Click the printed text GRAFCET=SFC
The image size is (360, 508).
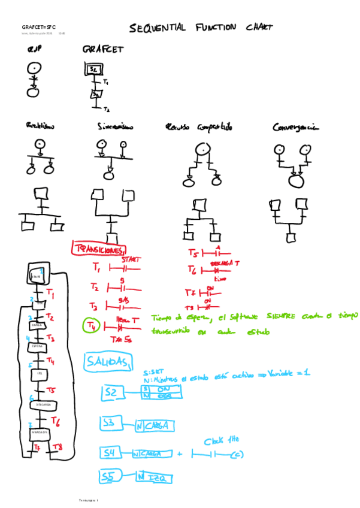(x=38, y=28)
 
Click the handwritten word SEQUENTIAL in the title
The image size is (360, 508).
(x=158, y=28)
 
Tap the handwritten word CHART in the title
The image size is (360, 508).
(x=259, y=27)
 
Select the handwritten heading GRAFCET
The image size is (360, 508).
(x=103, y=50)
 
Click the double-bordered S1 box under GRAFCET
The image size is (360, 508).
(x=94, y=69)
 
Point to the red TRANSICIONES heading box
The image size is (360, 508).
(x=98, y=249)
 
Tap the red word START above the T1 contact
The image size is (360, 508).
(x=131, y=260)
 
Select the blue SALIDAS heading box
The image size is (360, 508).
(x=108, y=362)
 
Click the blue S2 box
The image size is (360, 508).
(x=112, y=392)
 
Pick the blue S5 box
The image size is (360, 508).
(x=110, y=476)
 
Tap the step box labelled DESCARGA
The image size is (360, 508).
(x=42, y=404)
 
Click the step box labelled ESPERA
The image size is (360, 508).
(x=37, y=346)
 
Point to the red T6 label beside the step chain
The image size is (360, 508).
(x=56, y=421)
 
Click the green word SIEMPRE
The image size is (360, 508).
(x=280, y=316)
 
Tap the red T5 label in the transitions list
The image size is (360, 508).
(x=192, y=253)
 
